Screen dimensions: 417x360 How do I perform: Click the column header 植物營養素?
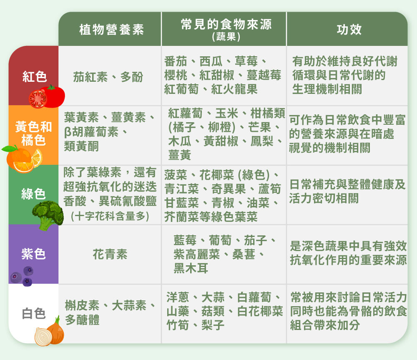coord(111,30)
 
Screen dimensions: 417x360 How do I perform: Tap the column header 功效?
coord(349,30)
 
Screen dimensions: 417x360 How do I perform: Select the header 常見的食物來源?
coord(226,25)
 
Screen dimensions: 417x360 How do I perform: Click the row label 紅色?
coord(35,77)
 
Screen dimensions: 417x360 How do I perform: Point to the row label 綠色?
coord(33,194)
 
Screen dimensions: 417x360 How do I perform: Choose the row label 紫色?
coord(33,254)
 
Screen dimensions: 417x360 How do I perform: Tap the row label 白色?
coord(33,313)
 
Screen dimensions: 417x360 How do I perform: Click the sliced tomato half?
coord(38,99)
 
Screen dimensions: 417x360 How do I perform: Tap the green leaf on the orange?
coord(9,149)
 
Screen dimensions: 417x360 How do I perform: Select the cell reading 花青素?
coord(110,254)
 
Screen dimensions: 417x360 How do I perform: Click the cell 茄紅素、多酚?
coord(108,77)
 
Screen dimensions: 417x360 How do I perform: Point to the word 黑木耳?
coord(191,268)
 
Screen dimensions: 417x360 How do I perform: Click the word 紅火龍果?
coord(234,89)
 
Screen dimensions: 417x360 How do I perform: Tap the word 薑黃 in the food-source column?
coord(179,155)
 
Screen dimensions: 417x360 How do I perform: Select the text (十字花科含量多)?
coord(110,216)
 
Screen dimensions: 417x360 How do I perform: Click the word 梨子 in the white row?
coord(213,325)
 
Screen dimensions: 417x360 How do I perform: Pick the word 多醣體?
coord(82,320)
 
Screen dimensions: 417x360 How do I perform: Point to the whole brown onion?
coord(56,331)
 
